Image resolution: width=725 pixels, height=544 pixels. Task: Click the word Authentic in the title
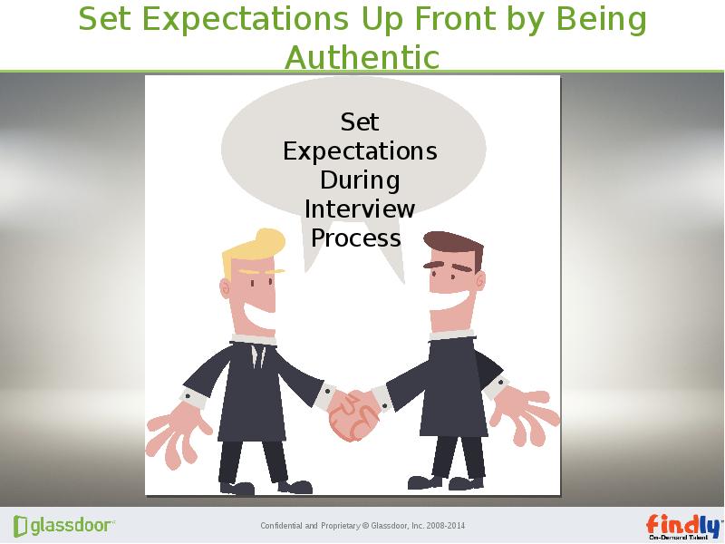(x=362, y=57)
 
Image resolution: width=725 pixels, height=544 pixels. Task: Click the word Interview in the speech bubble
(x=360, y=209)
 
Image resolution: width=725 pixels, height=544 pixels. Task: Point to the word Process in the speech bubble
(x=356, y=238)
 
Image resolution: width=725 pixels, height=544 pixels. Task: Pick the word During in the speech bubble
(x=360, y=180)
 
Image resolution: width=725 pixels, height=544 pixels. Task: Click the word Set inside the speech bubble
(x=360, y=121)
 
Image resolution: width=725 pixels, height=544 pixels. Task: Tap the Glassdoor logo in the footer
(x=63, y=526)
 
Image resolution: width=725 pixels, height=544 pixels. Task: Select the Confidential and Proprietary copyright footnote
(x=362, y=526)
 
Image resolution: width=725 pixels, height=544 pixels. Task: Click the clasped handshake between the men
(x=352, y=415)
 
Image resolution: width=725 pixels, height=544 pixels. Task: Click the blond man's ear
(x=226, y=288)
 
